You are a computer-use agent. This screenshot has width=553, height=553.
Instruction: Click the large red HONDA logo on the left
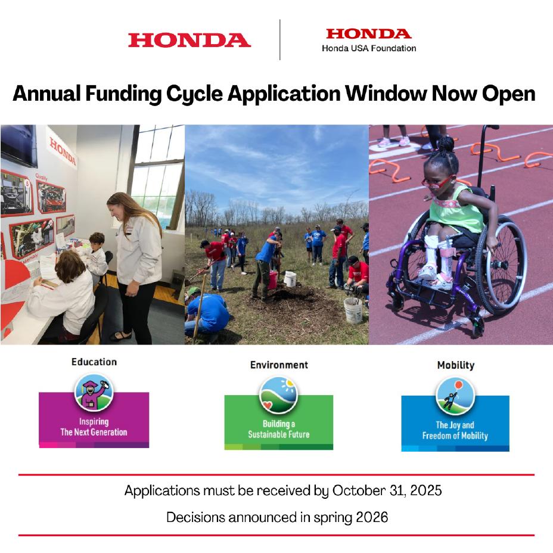189,40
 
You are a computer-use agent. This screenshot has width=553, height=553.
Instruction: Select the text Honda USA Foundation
369,48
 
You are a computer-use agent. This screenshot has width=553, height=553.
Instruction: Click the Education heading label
94,362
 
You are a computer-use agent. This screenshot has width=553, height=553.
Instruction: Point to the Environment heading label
279,364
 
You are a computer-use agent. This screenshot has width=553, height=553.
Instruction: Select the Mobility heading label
455,365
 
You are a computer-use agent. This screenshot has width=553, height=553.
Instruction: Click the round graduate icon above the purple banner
94,392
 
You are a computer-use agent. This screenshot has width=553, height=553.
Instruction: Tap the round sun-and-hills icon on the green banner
278,395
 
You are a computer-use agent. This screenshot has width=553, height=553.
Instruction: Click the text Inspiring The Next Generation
94,427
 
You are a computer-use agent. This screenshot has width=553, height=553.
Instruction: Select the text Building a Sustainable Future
278,429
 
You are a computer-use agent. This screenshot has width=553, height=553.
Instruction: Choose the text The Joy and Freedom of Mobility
455,430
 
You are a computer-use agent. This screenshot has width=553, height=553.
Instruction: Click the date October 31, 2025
387,491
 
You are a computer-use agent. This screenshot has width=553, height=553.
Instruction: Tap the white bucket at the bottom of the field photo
353,309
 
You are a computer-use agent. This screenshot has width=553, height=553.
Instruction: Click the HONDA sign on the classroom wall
63,152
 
